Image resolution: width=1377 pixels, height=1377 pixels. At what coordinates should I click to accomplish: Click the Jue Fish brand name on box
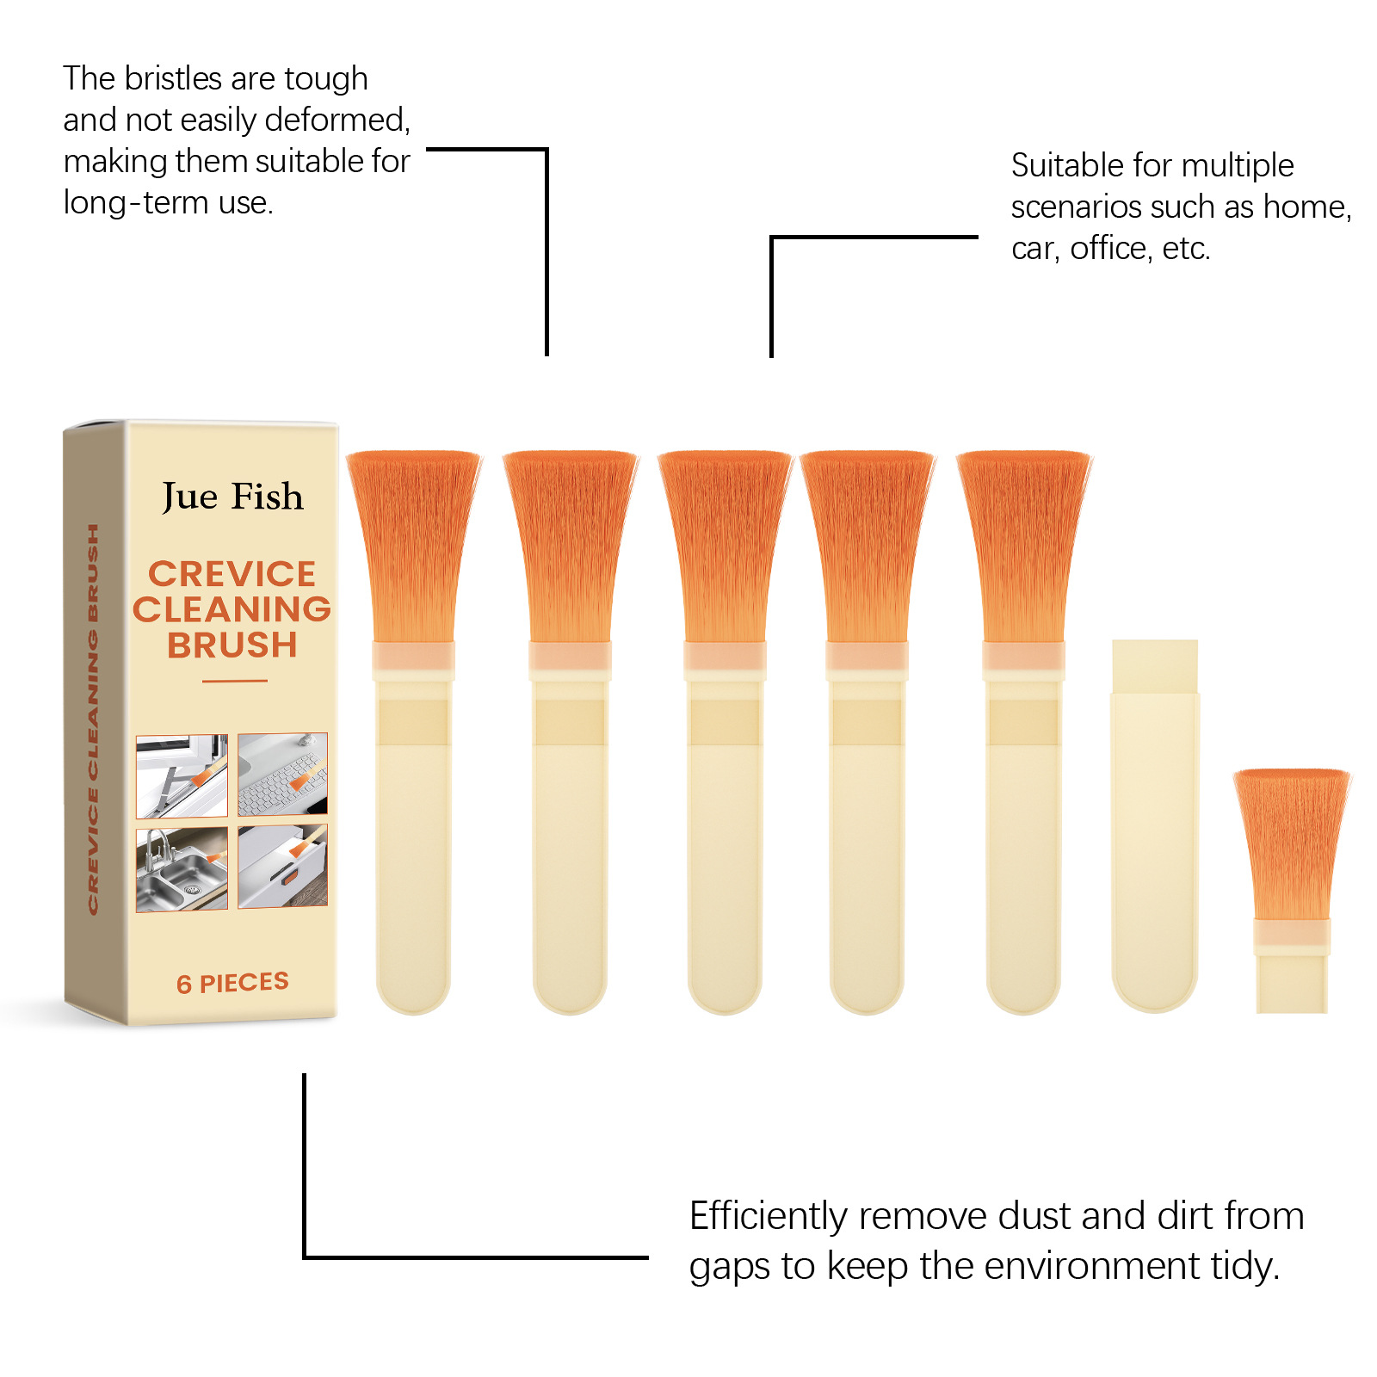pyautogui.click(x=232, y=497)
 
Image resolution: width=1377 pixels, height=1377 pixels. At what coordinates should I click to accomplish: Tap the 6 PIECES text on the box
pyautogui.click(x=232, y=983)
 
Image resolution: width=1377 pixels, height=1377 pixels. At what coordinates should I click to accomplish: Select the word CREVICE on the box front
pyautogui.click(x=232, y=574)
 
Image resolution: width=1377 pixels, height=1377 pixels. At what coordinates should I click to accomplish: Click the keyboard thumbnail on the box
pyautogui.click(x=282, y=774)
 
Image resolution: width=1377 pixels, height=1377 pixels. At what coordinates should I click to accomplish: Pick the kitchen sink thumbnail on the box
pyautogui.click(x=182, y=869)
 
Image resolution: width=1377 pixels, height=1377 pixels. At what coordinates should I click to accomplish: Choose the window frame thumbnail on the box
pyautogui.click(x=182, y=776)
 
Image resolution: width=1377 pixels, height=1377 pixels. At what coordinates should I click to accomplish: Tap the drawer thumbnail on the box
pyautogui.click(x=282, y=866)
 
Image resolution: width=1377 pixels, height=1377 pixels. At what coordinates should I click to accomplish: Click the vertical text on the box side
pyautogui.click(x=93, y=719)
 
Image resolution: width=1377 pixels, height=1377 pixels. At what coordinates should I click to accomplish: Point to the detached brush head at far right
pyautogui.click(x=1291, y=891)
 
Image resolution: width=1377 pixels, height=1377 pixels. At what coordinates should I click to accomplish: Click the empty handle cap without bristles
pyautogui.click(x=1155, y=826)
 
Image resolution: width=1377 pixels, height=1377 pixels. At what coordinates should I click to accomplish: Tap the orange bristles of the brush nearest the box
pyautogui.click(x=413, y=546)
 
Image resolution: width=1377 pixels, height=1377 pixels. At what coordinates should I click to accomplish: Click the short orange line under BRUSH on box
pyautogui.click(x=235, y=681)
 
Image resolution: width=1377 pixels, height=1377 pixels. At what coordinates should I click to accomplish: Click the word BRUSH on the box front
pyautogui.click(x=232, y=645)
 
